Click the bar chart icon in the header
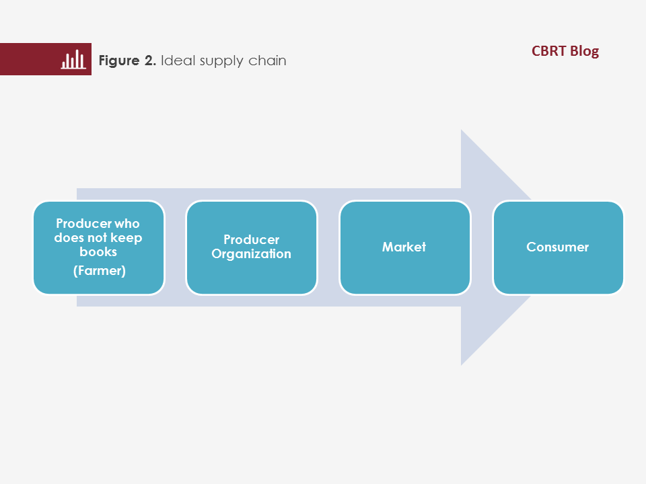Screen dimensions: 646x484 pos(73,59)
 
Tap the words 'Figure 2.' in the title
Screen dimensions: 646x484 pos(127,61)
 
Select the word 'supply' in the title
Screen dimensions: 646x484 pos(221,61)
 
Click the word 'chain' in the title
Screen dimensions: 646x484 pos(267,61)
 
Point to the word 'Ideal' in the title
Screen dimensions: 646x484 pos(178,60)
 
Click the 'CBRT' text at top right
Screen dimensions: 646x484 pos(549,51)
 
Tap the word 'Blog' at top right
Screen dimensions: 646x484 pos(585,52)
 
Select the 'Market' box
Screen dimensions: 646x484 pos(405,247)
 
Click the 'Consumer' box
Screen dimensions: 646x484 pos(559,247)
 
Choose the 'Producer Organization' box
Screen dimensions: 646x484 pos(252,247)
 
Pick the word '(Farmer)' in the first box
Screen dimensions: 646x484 pos(100,271)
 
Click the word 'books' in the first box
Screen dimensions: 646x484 pos(98,251)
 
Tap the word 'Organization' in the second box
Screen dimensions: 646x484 pos(251,254)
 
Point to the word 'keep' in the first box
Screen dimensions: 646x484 pos(127,238)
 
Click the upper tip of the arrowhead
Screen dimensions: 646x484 pos(461,130)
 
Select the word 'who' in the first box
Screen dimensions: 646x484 pos(127,223)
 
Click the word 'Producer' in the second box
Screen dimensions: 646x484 pos(251,239)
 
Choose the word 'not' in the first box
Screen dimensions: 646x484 pos(98,238)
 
